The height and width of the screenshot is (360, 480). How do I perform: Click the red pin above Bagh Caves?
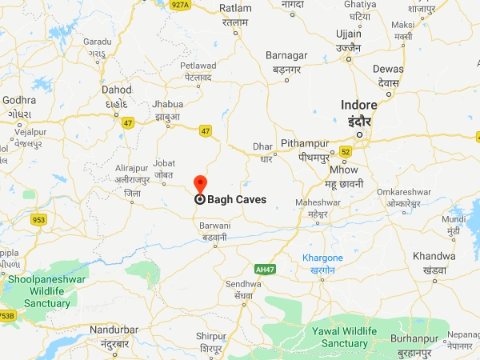point(200,182)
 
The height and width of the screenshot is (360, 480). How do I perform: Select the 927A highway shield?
point(180,5)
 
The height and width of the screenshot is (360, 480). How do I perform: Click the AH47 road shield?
point(264,269)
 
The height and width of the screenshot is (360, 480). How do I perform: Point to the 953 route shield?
point(38,218)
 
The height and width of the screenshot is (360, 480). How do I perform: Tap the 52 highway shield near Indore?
point(346,150)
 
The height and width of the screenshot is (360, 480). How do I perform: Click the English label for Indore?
point(358,105)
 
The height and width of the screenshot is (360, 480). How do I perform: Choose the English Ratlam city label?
point(235,10)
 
